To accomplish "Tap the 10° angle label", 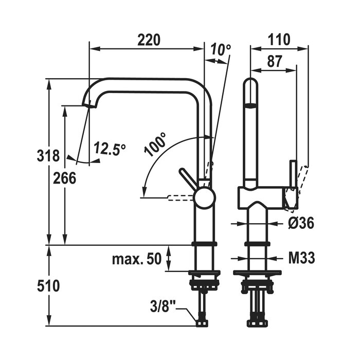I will click(221, 50).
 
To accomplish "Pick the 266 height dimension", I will click(65, 178).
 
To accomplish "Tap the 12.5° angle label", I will click(110, 149).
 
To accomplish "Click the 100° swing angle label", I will click(156, 145).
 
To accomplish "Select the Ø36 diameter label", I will click(301, 223).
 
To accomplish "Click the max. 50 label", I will click(137, 258).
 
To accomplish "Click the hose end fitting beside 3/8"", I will click(203, 322).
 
